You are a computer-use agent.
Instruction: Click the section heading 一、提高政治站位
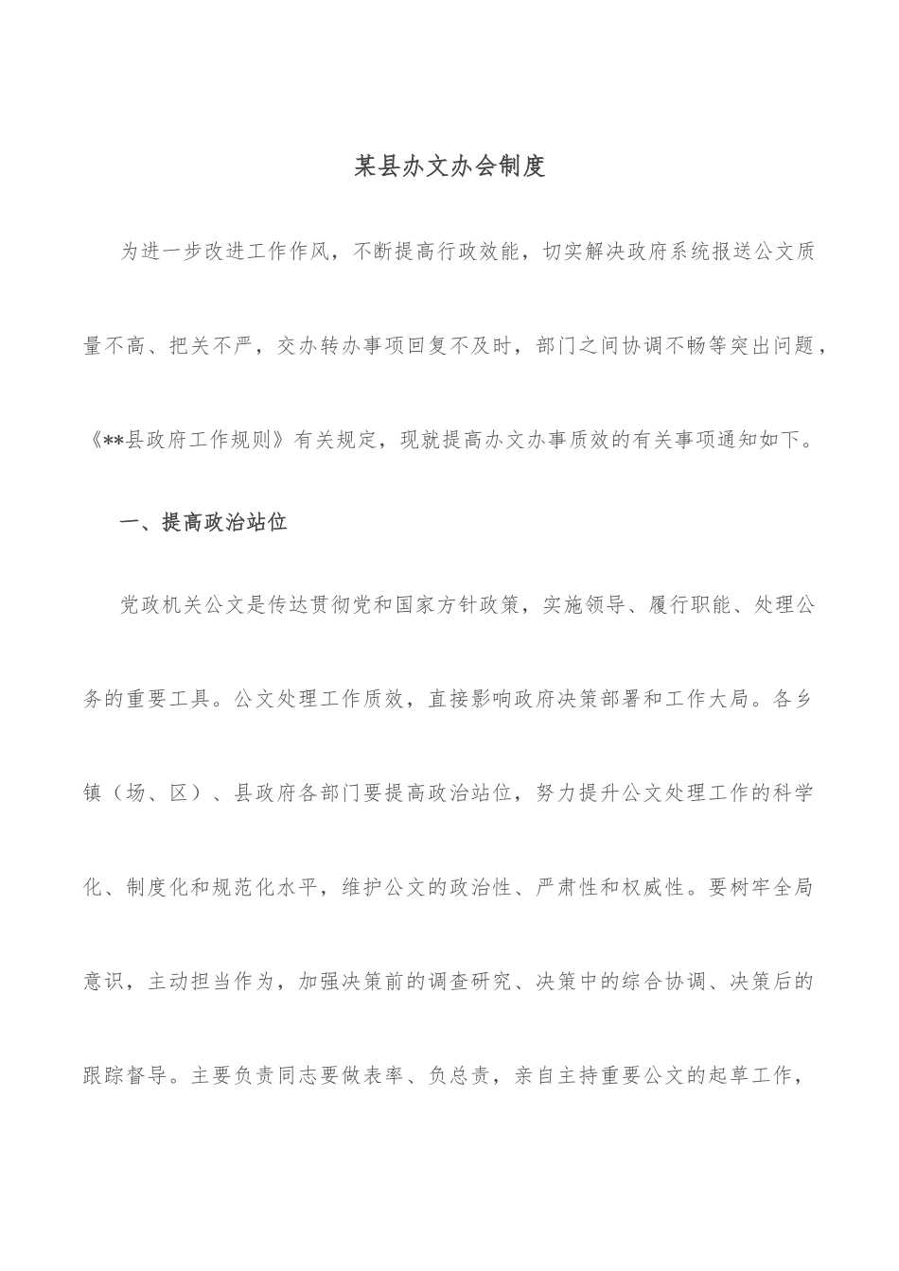[x=203, y=522]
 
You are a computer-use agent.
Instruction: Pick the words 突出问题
[x=774, y=345]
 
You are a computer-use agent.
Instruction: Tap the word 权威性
[x=652, y=888]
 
